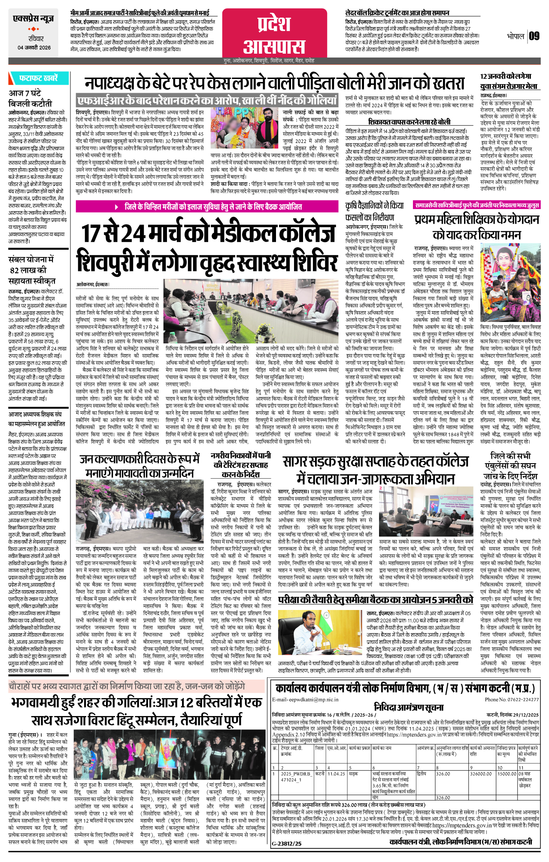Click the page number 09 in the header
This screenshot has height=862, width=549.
(534, 36)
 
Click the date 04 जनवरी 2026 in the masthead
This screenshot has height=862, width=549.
(34, 48)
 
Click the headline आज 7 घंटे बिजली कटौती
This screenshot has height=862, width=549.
(30, 98)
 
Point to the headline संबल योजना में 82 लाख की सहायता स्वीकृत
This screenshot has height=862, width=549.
(32, 270)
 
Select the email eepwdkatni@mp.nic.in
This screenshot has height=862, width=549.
(305, 699)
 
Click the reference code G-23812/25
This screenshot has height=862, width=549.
(287, 844)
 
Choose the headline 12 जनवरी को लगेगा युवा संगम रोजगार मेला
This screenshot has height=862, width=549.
(509, 81)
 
